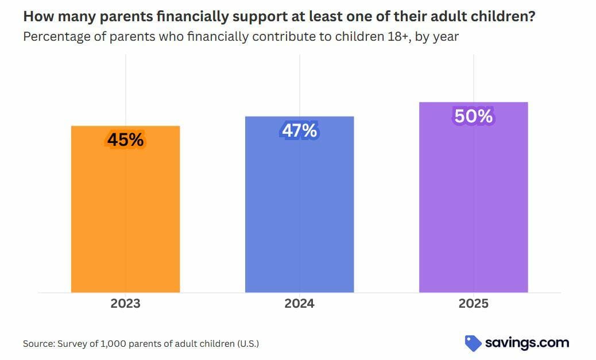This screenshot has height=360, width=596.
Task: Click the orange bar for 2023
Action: pos(125,209)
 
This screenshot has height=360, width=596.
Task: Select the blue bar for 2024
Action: pos(300,204)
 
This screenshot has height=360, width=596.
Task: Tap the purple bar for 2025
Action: pos(474,198)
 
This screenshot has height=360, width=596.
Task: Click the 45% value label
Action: pos(125,140)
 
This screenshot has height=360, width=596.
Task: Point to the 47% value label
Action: pos(300,130)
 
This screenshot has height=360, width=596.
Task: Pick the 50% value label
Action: pos(474,116)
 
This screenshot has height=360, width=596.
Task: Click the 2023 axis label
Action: pos(125,303)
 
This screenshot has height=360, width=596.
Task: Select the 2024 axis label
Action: pos(300,303)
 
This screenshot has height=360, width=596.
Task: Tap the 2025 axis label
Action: pos(474,303)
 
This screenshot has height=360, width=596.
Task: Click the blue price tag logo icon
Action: pos(473,343)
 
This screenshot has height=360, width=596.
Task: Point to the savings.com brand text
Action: pos(527,343)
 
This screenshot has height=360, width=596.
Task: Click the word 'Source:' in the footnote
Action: pos(39,344)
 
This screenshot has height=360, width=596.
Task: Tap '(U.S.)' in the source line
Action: pos(248,344)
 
